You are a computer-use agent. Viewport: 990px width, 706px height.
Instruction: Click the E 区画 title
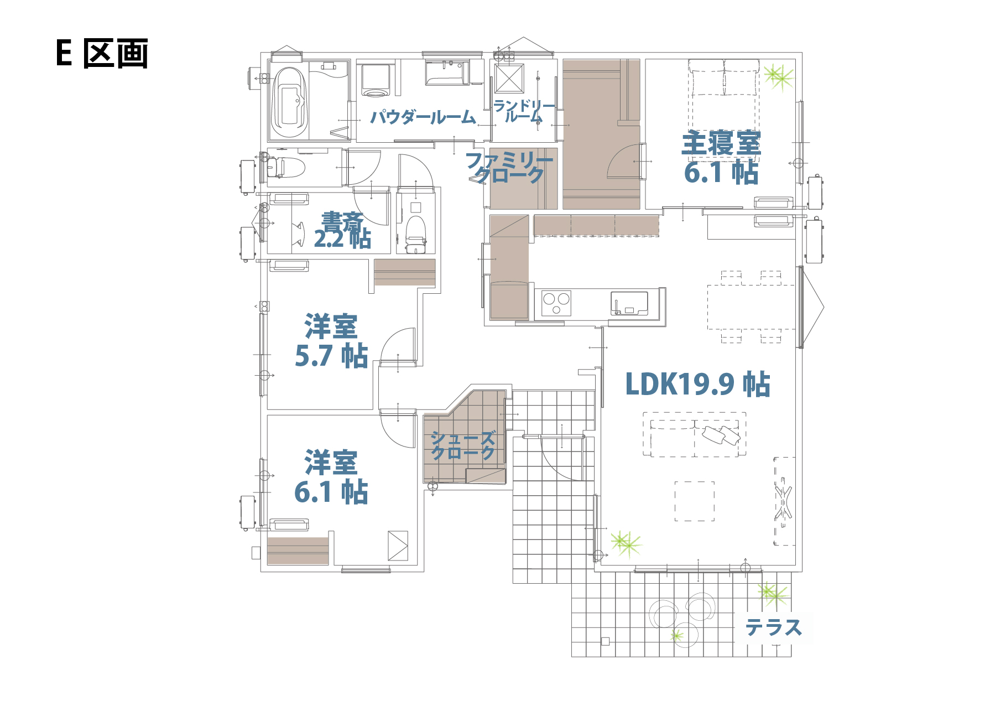click(102, 54)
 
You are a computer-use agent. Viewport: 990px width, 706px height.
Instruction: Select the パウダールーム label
click(423, 117)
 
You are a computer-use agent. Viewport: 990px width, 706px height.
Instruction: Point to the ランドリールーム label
click(524, 111)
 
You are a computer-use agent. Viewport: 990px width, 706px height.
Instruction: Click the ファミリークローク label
click(509, 167)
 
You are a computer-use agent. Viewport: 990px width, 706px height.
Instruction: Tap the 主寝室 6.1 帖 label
click(721, 158)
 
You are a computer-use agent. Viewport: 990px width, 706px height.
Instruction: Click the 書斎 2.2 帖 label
click(342, 230)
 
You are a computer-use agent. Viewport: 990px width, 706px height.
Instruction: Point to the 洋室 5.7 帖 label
click(331, 341)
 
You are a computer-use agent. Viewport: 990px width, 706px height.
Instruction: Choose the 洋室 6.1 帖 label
click(331, 477)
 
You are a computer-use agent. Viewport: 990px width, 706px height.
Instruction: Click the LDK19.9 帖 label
click(697, 384)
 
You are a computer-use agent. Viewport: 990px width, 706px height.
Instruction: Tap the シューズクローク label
click(463, 445)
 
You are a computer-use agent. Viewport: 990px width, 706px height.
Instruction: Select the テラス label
click(774, 628)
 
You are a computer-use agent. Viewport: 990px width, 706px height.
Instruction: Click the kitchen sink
click(629, 304)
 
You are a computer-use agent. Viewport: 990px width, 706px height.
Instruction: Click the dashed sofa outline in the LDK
click(694, 434)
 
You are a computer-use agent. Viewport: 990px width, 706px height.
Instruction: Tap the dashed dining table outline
click(752, 307)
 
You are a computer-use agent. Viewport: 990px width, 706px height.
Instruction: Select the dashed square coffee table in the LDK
click(694, 501)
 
